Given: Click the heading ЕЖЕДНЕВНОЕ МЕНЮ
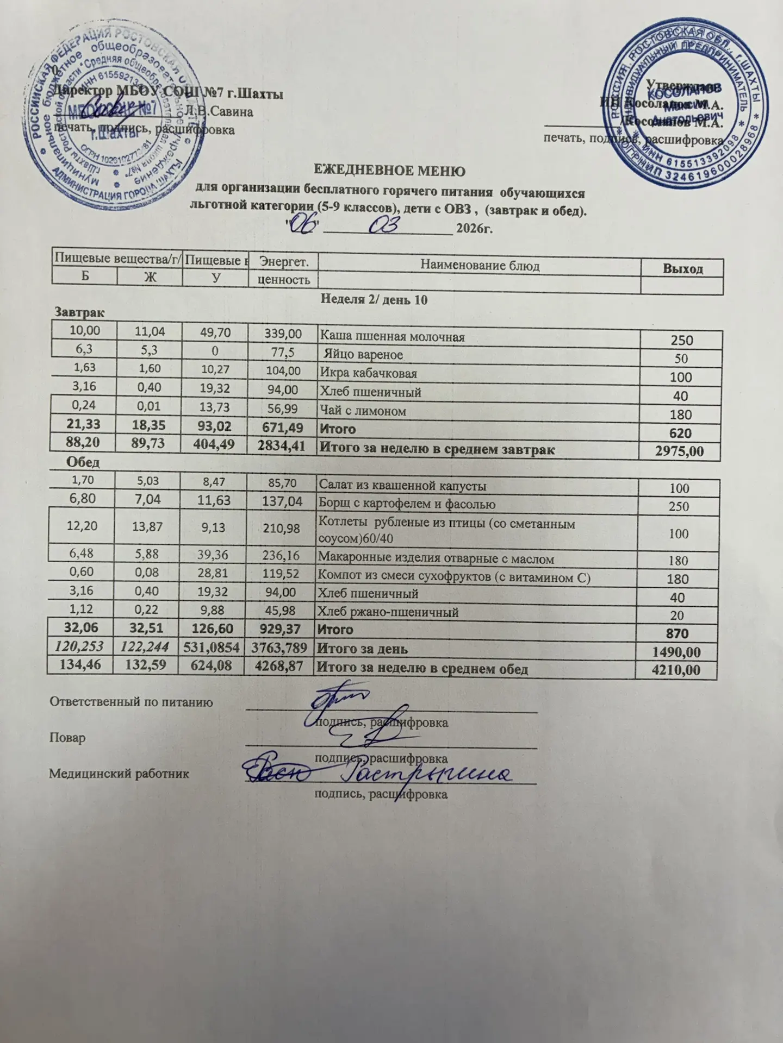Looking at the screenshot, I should pyautogui.click(x=390, y=172).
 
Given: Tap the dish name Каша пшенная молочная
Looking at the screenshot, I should pyautogui.click(x=391, y=337).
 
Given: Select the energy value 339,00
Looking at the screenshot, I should pyautogui.click(x=282, y=333).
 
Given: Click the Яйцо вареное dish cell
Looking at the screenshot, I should pyautogui.click(x=363, y=355).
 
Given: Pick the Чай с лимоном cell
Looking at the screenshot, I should pyautogui.click(x=363, y=411).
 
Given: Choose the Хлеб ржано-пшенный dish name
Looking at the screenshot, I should pyautogui.click(x=388, y=612).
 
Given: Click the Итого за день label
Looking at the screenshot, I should pyautogui.click(x=362, y=649).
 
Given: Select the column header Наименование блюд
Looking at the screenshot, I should pyautogui.click(x=480, y=266).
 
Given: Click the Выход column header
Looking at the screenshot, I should pyautogui.click(x=684, y=268).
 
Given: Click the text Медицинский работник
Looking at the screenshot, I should pyautogui.click(x=119, y=774).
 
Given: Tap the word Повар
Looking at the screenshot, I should pyautogui.click(x=67, y=739).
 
